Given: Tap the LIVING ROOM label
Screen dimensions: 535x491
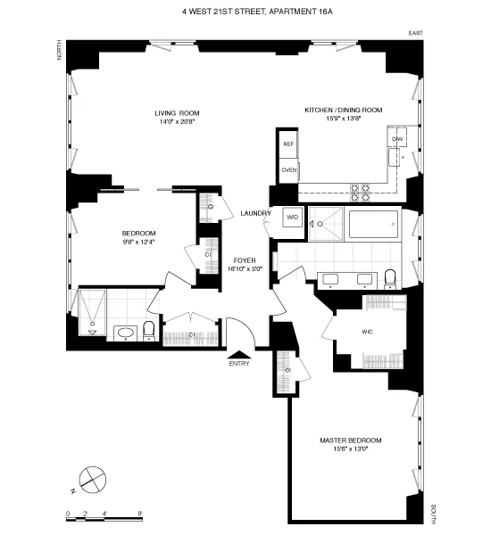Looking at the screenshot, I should click(x=176, y=113).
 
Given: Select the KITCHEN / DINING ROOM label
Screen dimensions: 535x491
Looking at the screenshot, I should click(x=343, y=110).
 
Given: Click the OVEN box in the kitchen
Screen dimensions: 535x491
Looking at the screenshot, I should click(x=288, y=169).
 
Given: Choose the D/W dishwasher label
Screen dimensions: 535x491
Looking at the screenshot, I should click(x=397, y=140).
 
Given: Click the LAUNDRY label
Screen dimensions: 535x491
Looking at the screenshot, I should click(x=256, y=213).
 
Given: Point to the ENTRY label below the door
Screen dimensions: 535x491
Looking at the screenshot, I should click(x=239, y=363).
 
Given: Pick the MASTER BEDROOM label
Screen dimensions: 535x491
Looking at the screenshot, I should click(x=351, y=440).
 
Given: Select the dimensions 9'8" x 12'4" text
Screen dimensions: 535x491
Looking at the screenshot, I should click(x=138, y=242).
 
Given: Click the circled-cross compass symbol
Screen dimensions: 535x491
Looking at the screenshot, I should click(x=91, y=480).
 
